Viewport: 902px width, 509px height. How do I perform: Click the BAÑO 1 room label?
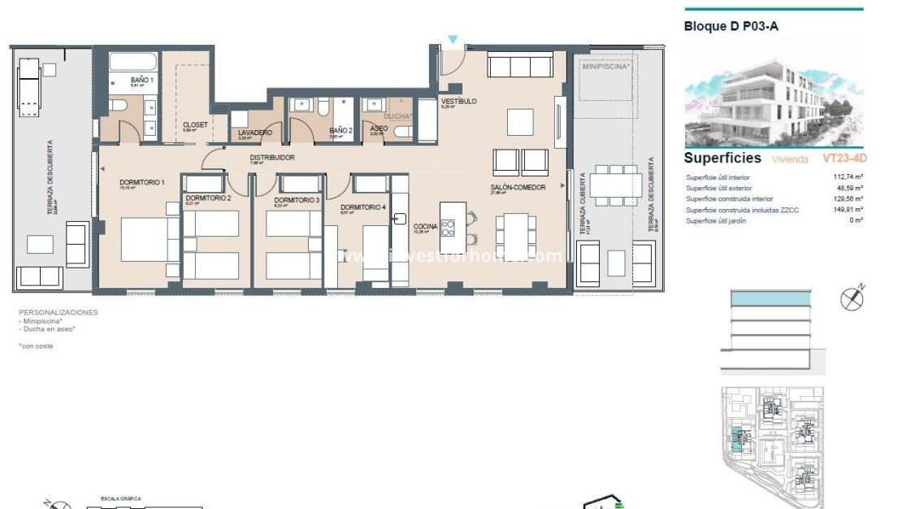[142, 80]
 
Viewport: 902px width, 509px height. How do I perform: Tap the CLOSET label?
[195, 124]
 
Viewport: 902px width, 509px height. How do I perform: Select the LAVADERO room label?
[255, 133]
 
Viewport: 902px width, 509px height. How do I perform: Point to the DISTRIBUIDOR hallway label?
[271, 158]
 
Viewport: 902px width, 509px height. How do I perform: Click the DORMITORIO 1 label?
[142, 182]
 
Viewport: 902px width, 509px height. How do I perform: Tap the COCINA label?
[425, 226]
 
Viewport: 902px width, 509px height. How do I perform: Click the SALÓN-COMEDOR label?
[518, 188]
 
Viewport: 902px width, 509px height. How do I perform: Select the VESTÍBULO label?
[458, 102]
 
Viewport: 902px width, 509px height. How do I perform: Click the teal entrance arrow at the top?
[453, 40]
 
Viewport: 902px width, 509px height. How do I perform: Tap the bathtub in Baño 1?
[132, 63]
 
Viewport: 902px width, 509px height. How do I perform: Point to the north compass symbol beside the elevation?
[852, 298]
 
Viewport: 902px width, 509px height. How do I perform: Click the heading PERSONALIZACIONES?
[59, 312]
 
